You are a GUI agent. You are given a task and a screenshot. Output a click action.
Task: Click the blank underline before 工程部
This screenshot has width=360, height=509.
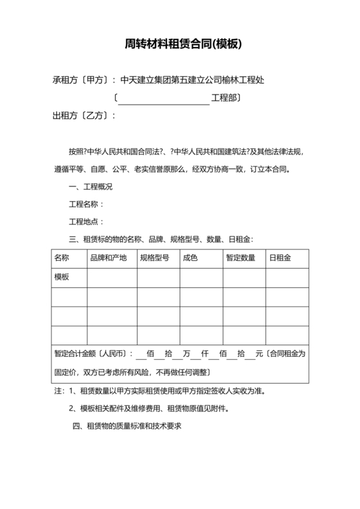point(163,98)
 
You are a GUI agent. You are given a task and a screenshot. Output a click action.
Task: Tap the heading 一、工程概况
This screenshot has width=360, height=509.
point(91,187)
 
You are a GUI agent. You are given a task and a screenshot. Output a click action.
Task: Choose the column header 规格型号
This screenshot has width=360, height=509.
point(154,258)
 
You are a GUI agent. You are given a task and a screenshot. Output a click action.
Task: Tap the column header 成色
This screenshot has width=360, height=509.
point(190,258)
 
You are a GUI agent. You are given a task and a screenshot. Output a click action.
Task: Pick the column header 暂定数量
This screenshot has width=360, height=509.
point(241,258)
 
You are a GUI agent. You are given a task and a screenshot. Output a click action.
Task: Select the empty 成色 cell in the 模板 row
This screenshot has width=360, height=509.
point(201,277)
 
